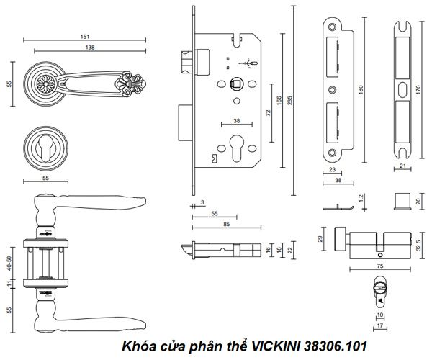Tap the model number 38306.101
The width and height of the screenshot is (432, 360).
(337, 346)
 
